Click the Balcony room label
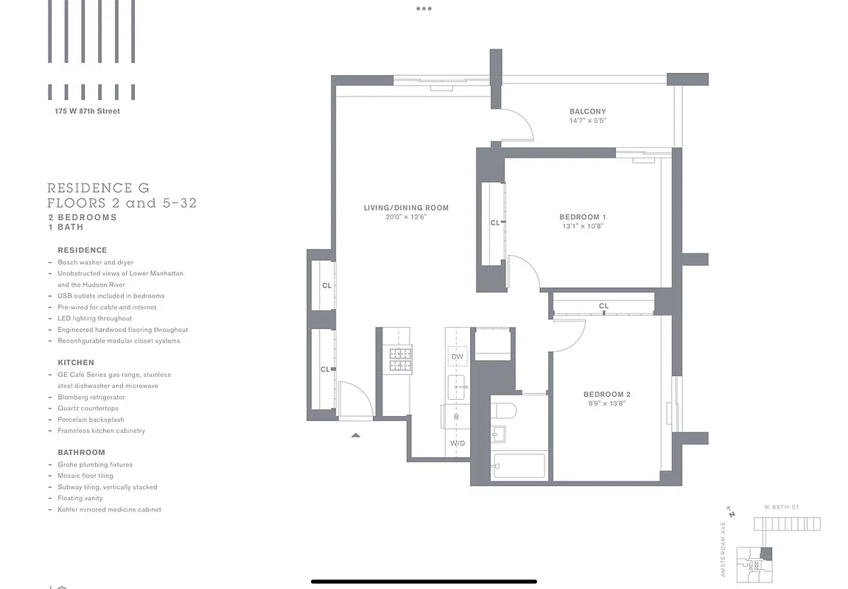(x=587, y=111)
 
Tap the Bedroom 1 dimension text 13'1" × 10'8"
(x=582, y=227)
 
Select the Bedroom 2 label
(x=606, y=394)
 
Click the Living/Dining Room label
(x=406, y=208)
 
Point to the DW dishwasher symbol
(x=457, y=356)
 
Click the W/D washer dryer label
(x=457, y=444)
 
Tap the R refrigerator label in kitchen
(x=456, y=417)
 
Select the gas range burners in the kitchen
(x=400, y=359)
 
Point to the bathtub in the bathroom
(x=519, y=466)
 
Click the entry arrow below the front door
(x=356, y=435)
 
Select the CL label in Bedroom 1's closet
(x=494, y=222)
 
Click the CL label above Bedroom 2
(x=603, y=306)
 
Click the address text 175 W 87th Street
(x=87, y=111)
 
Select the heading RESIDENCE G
(x=98, y=188)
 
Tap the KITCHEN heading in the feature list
(x=76, y=362)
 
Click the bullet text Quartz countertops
(x=88, y=408)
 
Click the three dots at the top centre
(x=424, y=9)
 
